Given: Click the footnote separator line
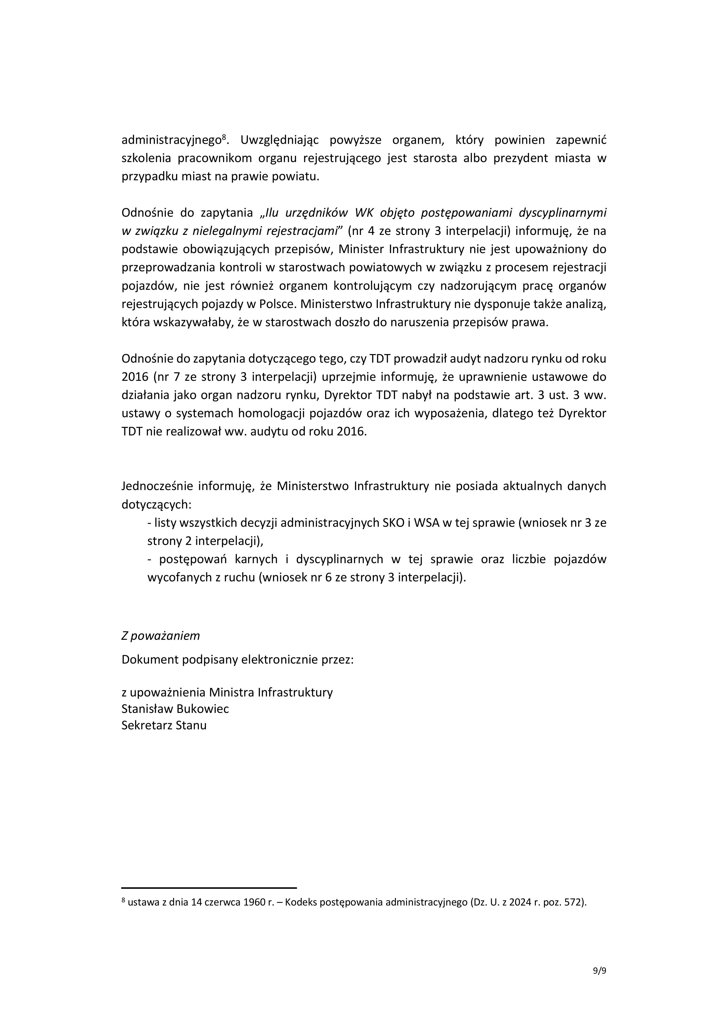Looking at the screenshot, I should pyautogui.click(x=209, y=888).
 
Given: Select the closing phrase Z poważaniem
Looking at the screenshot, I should pyautogui.click(x=161, y=636).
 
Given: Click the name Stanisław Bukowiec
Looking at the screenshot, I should pyautogui.click(x=175, y=708).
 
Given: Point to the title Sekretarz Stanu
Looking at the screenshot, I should pyautogui.click(x=164, y=726).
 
